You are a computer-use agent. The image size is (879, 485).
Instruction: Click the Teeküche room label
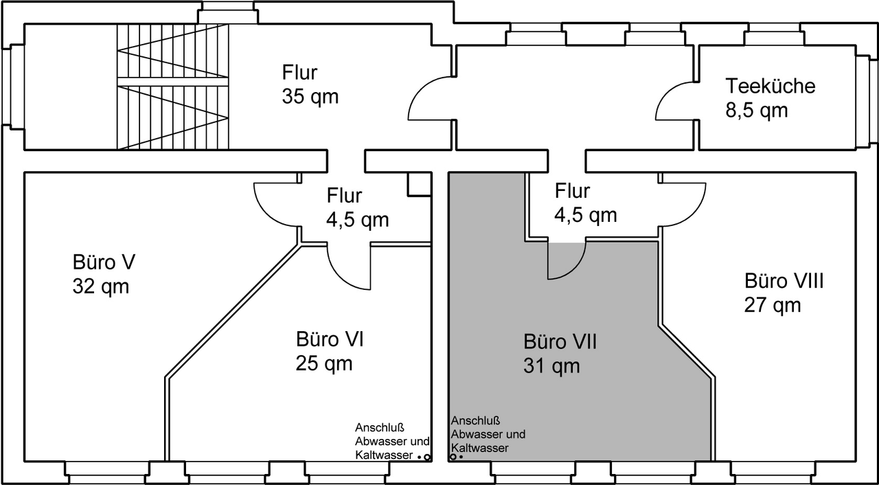[770, 86]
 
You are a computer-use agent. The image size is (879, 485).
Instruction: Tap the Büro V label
[104, 262]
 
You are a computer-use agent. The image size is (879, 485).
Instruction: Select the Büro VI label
[330, 339]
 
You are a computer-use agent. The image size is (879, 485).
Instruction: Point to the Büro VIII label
[784, 281]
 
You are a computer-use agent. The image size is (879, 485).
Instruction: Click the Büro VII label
[560, 341]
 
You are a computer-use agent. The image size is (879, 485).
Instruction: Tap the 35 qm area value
[310, 97]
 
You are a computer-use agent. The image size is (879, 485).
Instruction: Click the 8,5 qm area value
[757, 111]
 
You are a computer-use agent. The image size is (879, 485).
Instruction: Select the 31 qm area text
[551, 365]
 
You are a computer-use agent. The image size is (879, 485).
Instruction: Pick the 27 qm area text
[773, 305]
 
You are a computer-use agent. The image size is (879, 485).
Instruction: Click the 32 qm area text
[101, 286]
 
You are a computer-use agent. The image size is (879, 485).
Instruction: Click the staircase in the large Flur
[172, 87]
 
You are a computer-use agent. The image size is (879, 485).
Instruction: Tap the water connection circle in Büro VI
[427, 458]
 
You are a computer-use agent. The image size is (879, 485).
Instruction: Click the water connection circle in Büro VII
[453, 457]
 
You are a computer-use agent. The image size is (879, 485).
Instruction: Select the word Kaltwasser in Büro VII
[479, 448]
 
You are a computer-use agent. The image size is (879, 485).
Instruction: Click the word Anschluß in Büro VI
[380, 427]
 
